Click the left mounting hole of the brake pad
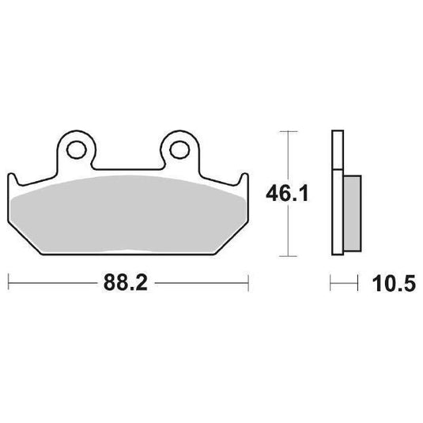(77, 147)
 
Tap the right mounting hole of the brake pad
(178, 147)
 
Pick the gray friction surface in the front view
(128, 217)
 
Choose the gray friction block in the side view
(350, 210)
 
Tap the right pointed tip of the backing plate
(247, 176)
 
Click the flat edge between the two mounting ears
(128, 167)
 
